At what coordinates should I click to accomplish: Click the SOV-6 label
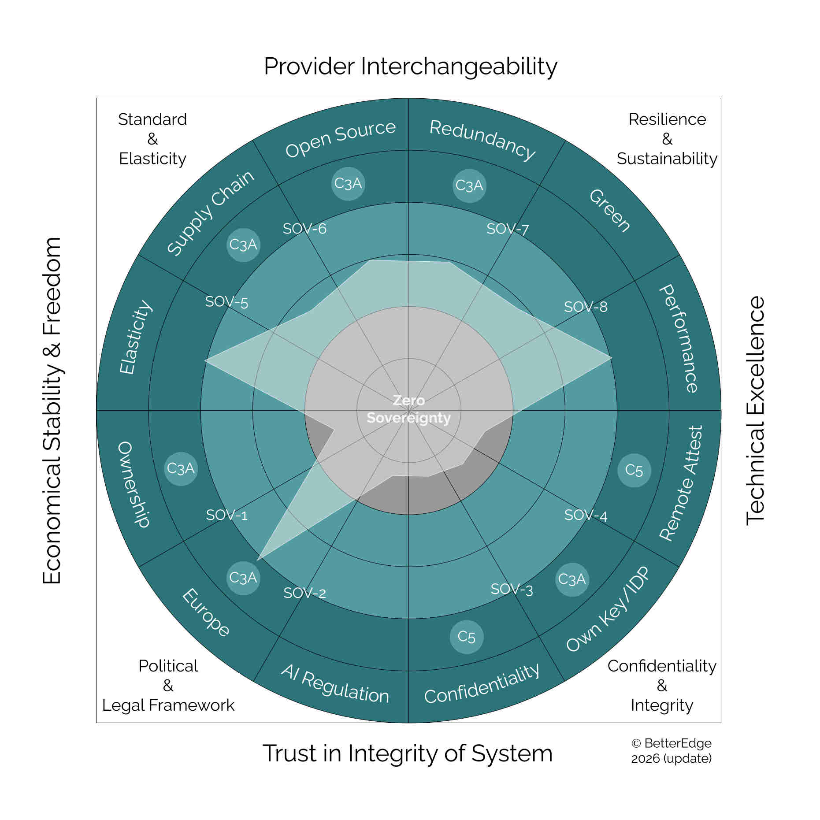(304, 229)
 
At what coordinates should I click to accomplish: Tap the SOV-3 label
(512, 589)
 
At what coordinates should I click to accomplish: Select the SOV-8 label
(586, 307)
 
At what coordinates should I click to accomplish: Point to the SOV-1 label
(227, 515)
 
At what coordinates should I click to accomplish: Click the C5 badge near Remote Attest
(634, 470)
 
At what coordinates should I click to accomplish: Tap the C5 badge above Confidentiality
(467, 637)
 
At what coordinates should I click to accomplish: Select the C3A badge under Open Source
(348, 184)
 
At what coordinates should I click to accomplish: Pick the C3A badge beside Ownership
(181, 468)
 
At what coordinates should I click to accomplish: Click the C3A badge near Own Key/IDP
(572, 579)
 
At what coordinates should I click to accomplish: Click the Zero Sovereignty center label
(409, 409)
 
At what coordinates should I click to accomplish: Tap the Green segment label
(610, 210)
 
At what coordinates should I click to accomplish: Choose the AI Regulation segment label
(335, 684)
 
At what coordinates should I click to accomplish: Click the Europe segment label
(206, 612)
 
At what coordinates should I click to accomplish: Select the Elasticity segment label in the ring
(136, 337)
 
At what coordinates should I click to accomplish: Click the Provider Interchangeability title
(411, 67)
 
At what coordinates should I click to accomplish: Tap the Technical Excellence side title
(755, 410)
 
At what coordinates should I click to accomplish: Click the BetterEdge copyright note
(672, 751)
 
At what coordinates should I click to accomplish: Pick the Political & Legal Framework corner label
(168, 686)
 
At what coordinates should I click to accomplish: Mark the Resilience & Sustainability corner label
(667, 139)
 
